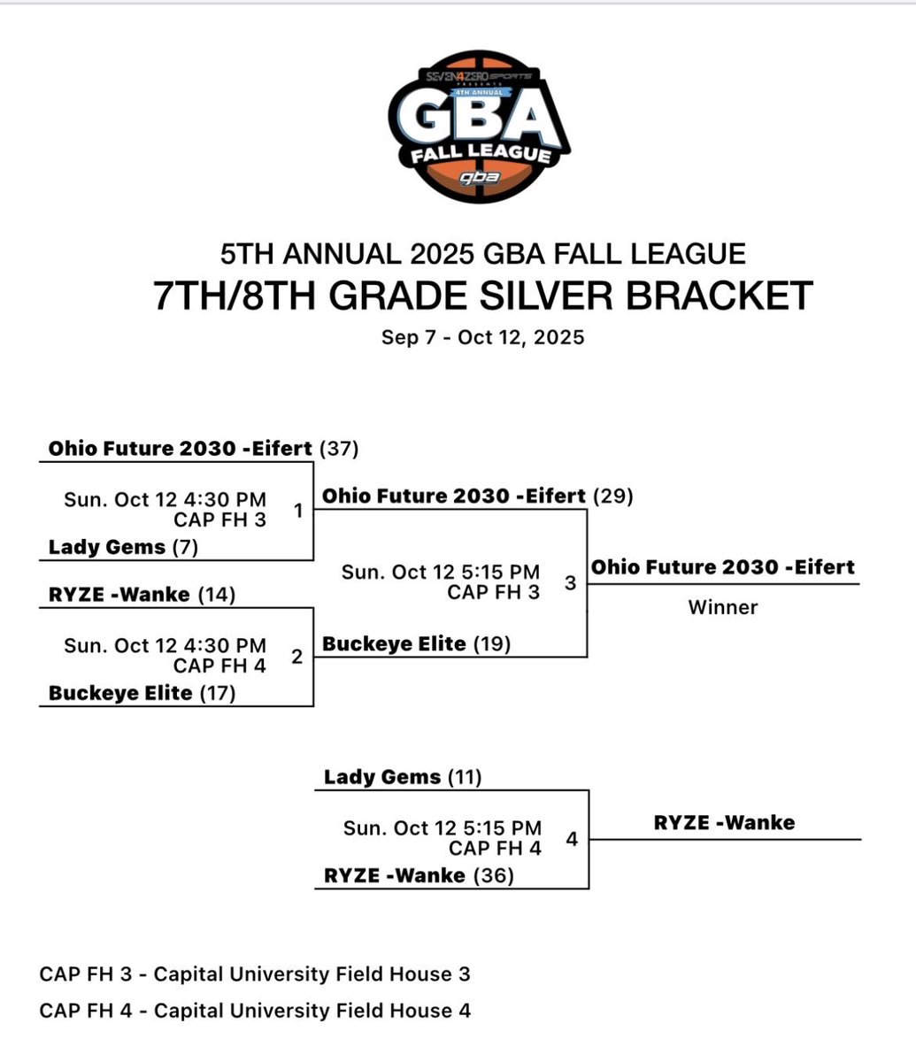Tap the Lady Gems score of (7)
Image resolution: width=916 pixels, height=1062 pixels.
(185, 547)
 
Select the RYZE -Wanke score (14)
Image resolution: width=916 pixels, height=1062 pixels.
(217, 595)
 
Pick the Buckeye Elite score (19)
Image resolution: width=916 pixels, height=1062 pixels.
(492, 644)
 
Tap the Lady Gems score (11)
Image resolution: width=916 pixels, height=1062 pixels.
(465, 777)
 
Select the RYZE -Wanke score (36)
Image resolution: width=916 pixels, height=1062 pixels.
(494, 875)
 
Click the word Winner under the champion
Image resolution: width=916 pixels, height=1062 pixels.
(723, 607)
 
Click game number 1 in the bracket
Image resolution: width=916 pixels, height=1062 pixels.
(298, 511)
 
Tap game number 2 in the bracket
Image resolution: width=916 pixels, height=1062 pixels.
(296, 656)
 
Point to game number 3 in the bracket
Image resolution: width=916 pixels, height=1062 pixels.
(570, 582)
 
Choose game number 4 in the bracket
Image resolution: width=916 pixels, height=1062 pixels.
(572, 838)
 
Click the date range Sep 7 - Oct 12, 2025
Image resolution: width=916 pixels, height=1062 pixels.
(482, 337)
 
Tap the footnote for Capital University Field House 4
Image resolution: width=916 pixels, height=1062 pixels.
(255, 1010)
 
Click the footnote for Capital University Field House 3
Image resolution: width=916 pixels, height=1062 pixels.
(255, 974)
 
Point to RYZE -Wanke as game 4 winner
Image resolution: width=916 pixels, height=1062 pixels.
(724, 822)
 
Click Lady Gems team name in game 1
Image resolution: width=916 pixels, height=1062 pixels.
(107, 547)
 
